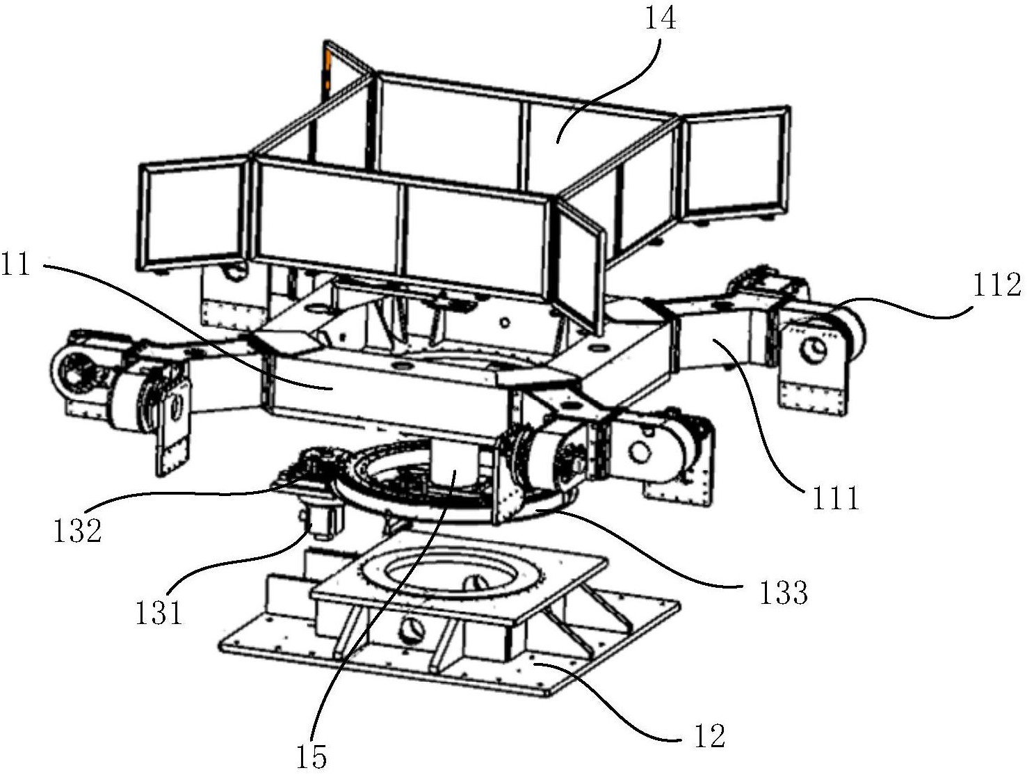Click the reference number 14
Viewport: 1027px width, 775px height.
pos(660,19)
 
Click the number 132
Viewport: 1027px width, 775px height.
pos(78,530)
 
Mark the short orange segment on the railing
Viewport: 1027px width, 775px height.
pos(327,70)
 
